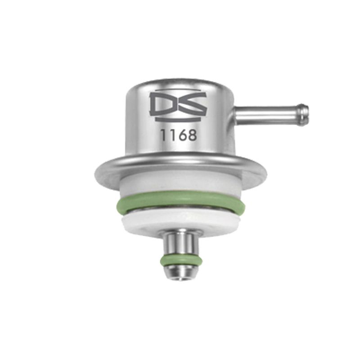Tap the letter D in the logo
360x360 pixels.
click(163, 104)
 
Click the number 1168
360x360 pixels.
click(178, 135)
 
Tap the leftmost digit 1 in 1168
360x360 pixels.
click(163, 135)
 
